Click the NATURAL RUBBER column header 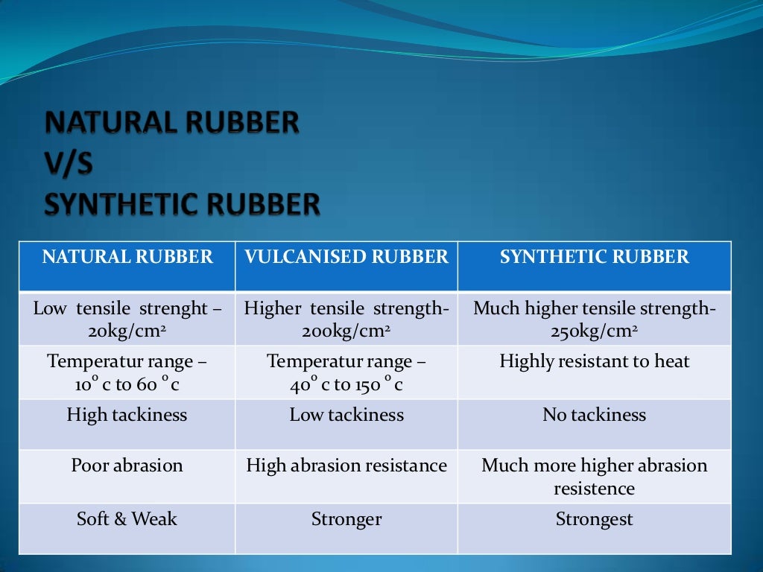127,258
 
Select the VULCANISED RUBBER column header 346,258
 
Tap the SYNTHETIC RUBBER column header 595,258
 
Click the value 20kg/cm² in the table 127,331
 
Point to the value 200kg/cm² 346,331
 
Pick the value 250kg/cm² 594,331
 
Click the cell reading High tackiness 127,415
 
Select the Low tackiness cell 346,415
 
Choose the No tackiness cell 594,415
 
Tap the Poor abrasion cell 127,465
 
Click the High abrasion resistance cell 346,465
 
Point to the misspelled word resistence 594,489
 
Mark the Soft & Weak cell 127,519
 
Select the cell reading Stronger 346,519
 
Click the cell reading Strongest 594,519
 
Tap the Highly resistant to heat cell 594,362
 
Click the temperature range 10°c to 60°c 127,385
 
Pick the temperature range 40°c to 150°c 346,385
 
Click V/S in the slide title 69,164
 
